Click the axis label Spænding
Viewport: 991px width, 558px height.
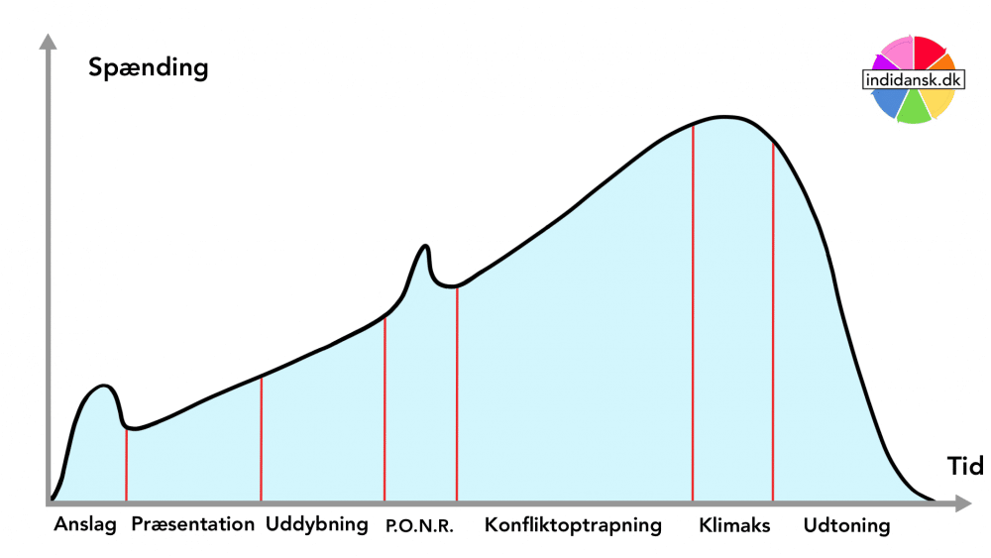[x=149, y=68]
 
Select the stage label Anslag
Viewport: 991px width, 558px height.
[x=85, y=525]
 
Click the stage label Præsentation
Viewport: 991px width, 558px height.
[x=192, y=525]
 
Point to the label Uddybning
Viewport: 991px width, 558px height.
[x=317, y=525]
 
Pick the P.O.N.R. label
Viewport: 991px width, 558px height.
[x=420, y=527]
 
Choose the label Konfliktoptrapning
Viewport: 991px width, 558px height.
[x=573, y=525]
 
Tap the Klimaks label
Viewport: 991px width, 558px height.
[x=734, y=526]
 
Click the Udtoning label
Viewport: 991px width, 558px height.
[x=846, y=526]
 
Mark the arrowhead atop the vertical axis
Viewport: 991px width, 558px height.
[x=46, y=43]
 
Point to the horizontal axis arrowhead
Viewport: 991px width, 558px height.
[x=962, y=504]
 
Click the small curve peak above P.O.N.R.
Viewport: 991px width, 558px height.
[x=425, y=246]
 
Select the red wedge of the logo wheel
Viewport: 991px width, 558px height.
[x=928, y=52]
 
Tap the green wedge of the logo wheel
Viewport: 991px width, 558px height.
[x=913, y=108]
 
